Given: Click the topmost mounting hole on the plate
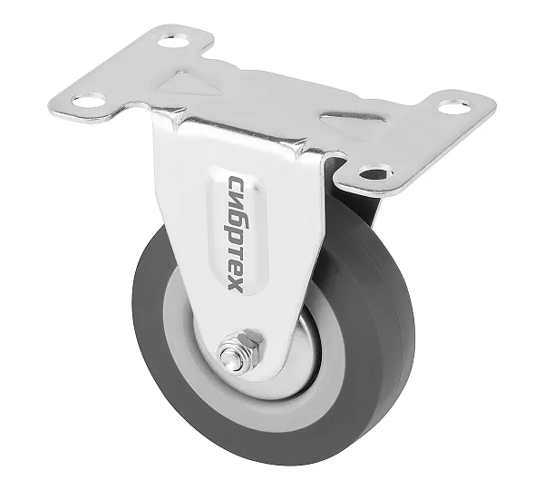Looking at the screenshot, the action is [174, 42].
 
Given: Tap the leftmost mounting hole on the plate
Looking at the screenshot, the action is [89, 101].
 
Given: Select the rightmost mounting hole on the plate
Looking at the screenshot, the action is [455, 106].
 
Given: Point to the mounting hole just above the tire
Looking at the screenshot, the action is [376, 171].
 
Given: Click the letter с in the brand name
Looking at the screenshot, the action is [237, 183].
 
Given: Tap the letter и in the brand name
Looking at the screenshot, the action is [236, 201].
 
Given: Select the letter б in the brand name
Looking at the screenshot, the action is [236, 221].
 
